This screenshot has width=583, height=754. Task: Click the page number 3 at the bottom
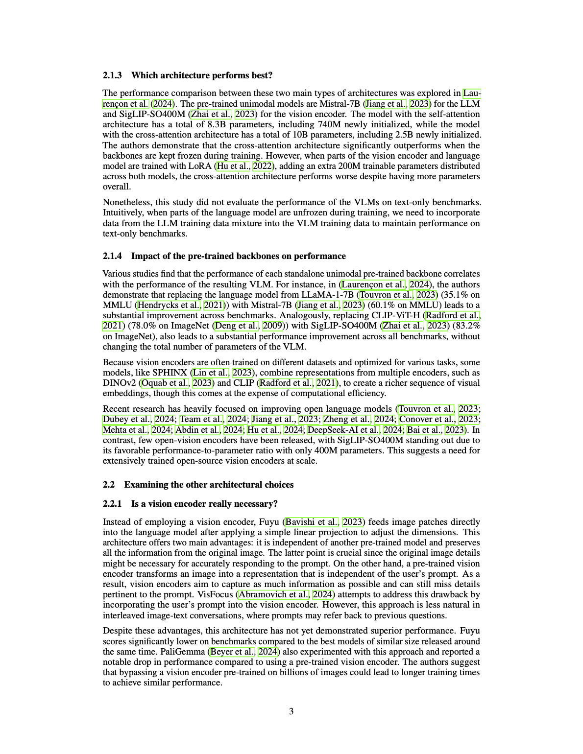[x=291, y=711]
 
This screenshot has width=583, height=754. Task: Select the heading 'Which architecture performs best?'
[x=202, y=75]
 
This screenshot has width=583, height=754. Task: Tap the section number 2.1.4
[x=112, y=256]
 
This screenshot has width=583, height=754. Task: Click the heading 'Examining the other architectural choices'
[x=209, y=485]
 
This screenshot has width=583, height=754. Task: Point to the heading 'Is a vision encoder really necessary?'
[x=204, y=504]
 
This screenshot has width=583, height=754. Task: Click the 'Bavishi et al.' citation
[x=312, y=522]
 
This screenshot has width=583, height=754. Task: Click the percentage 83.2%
[x=466, y=326]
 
